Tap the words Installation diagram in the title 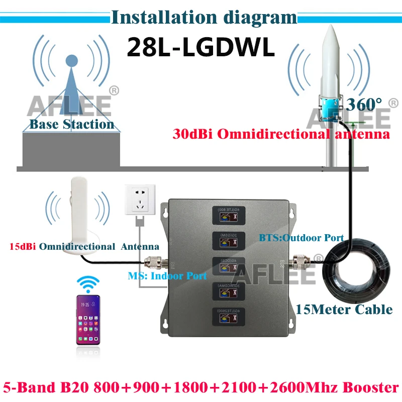pyautogui.click(x=204, y=18)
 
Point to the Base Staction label pyautogui.click(x=72, y=124)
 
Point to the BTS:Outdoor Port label pyautogui.click(x=300, y=237)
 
